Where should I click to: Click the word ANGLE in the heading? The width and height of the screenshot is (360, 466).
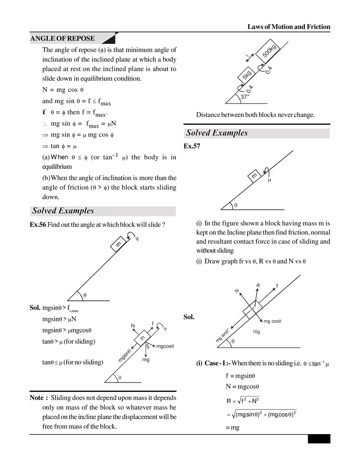[40, 38]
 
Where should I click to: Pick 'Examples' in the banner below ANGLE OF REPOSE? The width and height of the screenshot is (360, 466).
[76, 211]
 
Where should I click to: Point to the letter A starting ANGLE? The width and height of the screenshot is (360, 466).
[32, 38]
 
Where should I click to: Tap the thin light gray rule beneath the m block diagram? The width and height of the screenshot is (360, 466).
[270, 217]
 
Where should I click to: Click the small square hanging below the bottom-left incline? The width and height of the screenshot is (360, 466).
[144, 359]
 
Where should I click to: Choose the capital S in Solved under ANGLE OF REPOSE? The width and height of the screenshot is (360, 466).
[35, 211]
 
